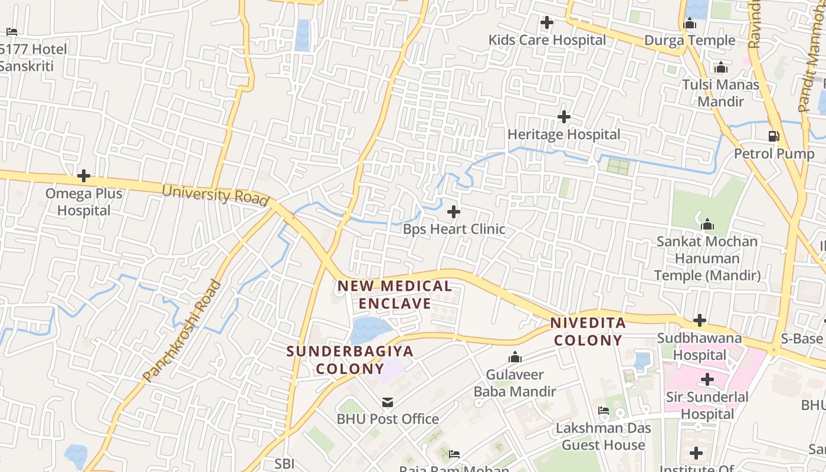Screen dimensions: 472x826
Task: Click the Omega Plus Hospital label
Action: [x=84, y=202]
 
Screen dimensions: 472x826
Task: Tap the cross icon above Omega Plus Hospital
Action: [x=84, y=176]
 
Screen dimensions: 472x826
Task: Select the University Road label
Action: [x=215, y=194]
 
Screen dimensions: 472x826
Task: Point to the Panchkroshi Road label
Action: [x=182, y=330]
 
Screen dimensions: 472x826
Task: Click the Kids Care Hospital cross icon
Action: [x=547, y=23]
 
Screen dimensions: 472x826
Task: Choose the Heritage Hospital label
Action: [x=564, y=135]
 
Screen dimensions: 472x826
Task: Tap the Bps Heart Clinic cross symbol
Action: [x=454, y=211]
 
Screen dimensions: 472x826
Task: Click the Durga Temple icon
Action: [x=690, y=24]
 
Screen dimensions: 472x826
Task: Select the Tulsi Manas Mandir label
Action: [x=720, y=93]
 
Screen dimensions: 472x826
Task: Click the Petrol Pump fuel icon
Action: [x=773, y=136]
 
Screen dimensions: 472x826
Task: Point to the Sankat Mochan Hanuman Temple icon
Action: [x=707, y=224]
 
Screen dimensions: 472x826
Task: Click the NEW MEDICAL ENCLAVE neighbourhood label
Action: [x=395, y=295]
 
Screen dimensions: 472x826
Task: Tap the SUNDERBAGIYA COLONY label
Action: [x=350, y=360]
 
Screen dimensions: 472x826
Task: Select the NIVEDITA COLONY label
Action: [x=588, y=332]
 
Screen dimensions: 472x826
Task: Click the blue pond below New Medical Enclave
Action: [x=370, y=330]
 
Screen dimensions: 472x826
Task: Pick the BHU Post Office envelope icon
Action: [x=388, y=402]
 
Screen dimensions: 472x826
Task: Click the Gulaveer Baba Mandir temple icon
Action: [x=515, y=358]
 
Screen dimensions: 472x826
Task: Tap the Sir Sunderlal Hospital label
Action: [x=707, y=405]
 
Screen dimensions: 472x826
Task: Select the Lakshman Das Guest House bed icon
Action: [x=603, y=411]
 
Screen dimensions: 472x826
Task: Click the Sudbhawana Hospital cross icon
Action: [x=700, y=320]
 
